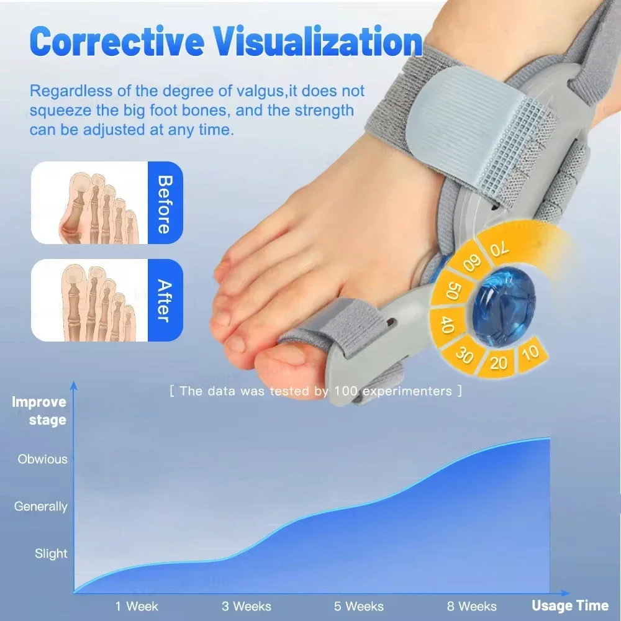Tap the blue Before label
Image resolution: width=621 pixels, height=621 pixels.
[165, 203]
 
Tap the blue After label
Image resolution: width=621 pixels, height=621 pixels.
[165, 301]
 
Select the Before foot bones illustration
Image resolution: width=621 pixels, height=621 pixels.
[89, 203]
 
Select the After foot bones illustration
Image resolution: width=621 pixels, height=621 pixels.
[89, 301]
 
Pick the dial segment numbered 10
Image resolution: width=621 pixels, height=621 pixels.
[530, 354]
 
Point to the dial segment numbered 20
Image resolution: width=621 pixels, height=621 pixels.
[499, 362]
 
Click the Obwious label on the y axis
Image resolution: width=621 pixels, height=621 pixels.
[42, 460]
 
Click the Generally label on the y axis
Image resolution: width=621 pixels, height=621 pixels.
[41, 507]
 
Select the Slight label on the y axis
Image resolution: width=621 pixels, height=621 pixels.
[51, 554]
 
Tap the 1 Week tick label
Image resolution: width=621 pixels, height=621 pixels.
[137, 606]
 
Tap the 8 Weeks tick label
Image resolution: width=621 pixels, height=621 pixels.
[472, 606]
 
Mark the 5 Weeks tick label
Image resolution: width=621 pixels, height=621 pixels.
[360, 606]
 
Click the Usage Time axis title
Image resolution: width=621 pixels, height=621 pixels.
[570, 605]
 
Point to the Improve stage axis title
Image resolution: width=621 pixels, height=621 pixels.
[39, 410]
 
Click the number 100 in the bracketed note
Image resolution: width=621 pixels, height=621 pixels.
[347, 391]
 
